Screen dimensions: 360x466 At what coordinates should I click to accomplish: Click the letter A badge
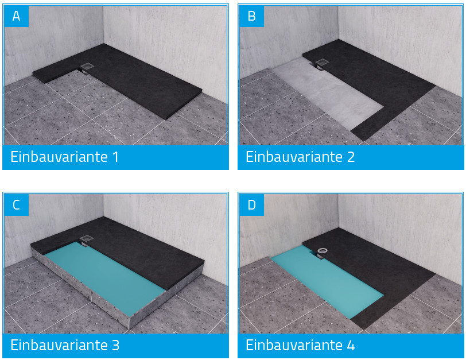(x=16, y=16)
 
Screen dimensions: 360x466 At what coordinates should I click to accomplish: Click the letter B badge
(x=251, y=16)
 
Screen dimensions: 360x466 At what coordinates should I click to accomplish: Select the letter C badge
(x=16, y=204)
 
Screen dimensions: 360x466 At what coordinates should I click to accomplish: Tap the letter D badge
(x=251, y=204)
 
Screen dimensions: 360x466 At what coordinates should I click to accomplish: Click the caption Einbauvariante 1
(x=64, y=157)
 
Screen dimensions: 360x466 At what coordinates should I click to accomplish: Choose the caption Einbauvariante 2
(x=300, y=157)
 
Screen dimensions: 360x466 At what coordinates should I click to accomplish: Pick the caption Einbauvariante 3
(x=65, y=345)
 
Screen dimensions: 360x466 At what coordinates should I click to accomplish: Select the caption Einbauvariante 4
(x=300, y=345)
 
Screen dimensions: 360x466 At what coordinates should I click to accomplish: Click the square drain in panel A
(x=88, y=67)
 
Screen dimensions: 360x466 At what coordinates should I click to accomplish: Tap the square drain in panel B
(x=323, y=63)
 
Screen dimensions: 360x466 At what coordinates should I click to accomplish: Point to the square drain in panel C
(x=87, y=239)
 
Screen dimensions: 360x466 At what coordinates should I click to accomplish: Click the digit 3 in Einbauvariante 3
(x=115, y=345)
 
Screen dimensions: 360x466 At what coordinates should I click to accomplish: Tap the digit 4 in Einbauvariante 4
(x=351, y=345)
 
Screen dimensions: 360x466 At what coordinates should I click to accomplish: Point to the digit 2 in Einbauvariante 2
(x=351, y=157)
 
